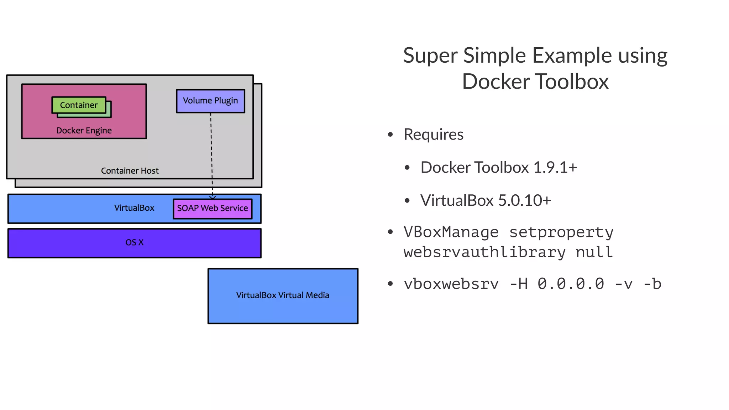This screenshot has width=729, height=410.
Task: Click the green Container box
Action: [79, 105]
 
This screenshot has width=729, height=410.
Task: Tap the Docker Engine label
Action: [84, 131]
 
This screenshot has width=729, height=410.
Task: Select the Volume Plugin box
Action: [210, 101]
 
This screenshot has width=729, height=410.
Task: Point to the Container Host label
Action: [130, 171]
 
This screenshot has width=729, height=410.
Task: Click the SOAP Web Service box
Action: [213, 209]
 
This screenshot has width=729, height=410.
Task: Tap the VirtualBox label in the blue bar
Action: [134, 208]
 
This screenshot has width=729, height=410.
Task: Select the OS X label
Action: [134, 242]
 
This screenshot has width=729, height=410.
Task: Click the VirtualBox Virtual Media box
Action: [283, 296]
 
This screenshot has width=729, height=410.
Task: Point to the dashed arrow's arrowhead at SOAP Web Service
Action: [213, 197]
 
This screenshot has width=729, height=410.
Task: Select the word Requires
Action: [433, 135]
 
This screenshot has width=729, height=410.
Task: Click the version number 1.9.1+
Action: [555, 168]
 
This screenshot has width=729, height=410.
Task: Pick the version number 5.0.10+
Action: [524, 201]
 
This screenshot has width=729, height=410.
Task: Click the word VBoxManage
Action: [451, 232]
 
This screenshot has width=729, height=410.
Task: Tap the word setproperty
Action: [561, 232]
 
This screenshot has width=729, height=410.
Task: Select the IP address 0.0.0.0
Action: [571, 284]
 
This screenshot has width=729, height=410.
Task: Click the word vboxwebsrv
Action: [451, 284]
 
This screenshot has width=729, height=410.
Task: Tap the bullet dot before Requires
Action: [390, 135]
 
